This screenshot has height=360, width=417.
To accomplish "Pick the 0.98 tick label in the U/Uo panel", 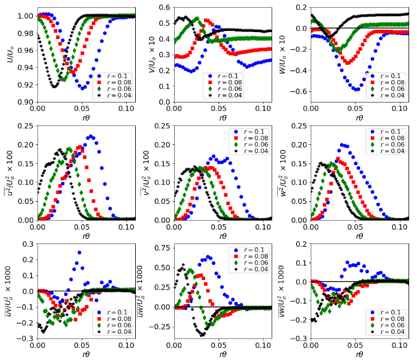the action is point(26,33).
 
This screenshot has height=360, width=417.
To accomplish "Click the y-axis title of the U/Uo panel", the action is point(10,55).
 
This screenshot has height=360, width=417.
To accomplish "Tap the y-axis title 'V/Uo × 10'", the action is point(152,54).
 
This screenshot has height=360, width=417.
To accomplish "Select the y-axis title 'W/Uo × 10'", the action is point(282,54).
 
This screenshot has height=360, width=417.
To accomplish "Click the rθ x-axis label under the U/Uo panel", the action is point(86,118).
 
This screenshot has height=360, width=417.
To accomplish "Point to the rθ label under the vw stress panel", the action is point(360,354).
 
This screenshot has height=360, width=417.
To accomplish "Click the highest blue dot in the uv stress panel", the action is point(79,252).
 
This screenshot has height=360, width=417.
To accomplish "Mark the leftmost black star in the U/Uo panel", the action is point(38,35).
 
